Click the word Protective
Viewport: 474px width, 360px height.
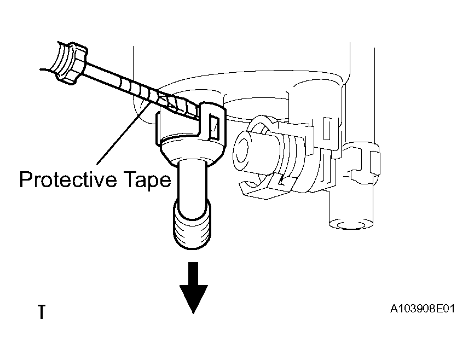tap(68, 179)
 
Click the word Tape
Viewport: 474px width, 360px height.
tap(147, 181)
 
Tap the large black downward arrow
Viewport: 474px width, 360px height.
tap(193, 287)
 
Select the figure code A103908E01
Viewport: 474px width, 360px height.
tap(423, 309)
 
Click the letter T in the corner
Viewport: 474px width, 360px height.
tap(42, 312)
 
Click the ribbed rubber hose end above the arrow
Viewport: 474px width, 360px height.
tap(192, 225)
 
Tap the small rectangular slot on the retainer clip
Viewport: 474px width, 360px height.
tap(215, 127)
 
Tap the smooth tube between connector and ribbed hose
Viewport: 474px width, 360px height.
tap(193, 188)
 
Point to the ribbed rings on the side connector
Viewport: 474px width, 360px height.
tap(291, 157)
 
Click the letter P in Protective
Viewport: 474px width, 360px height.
tap(25, 179)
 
